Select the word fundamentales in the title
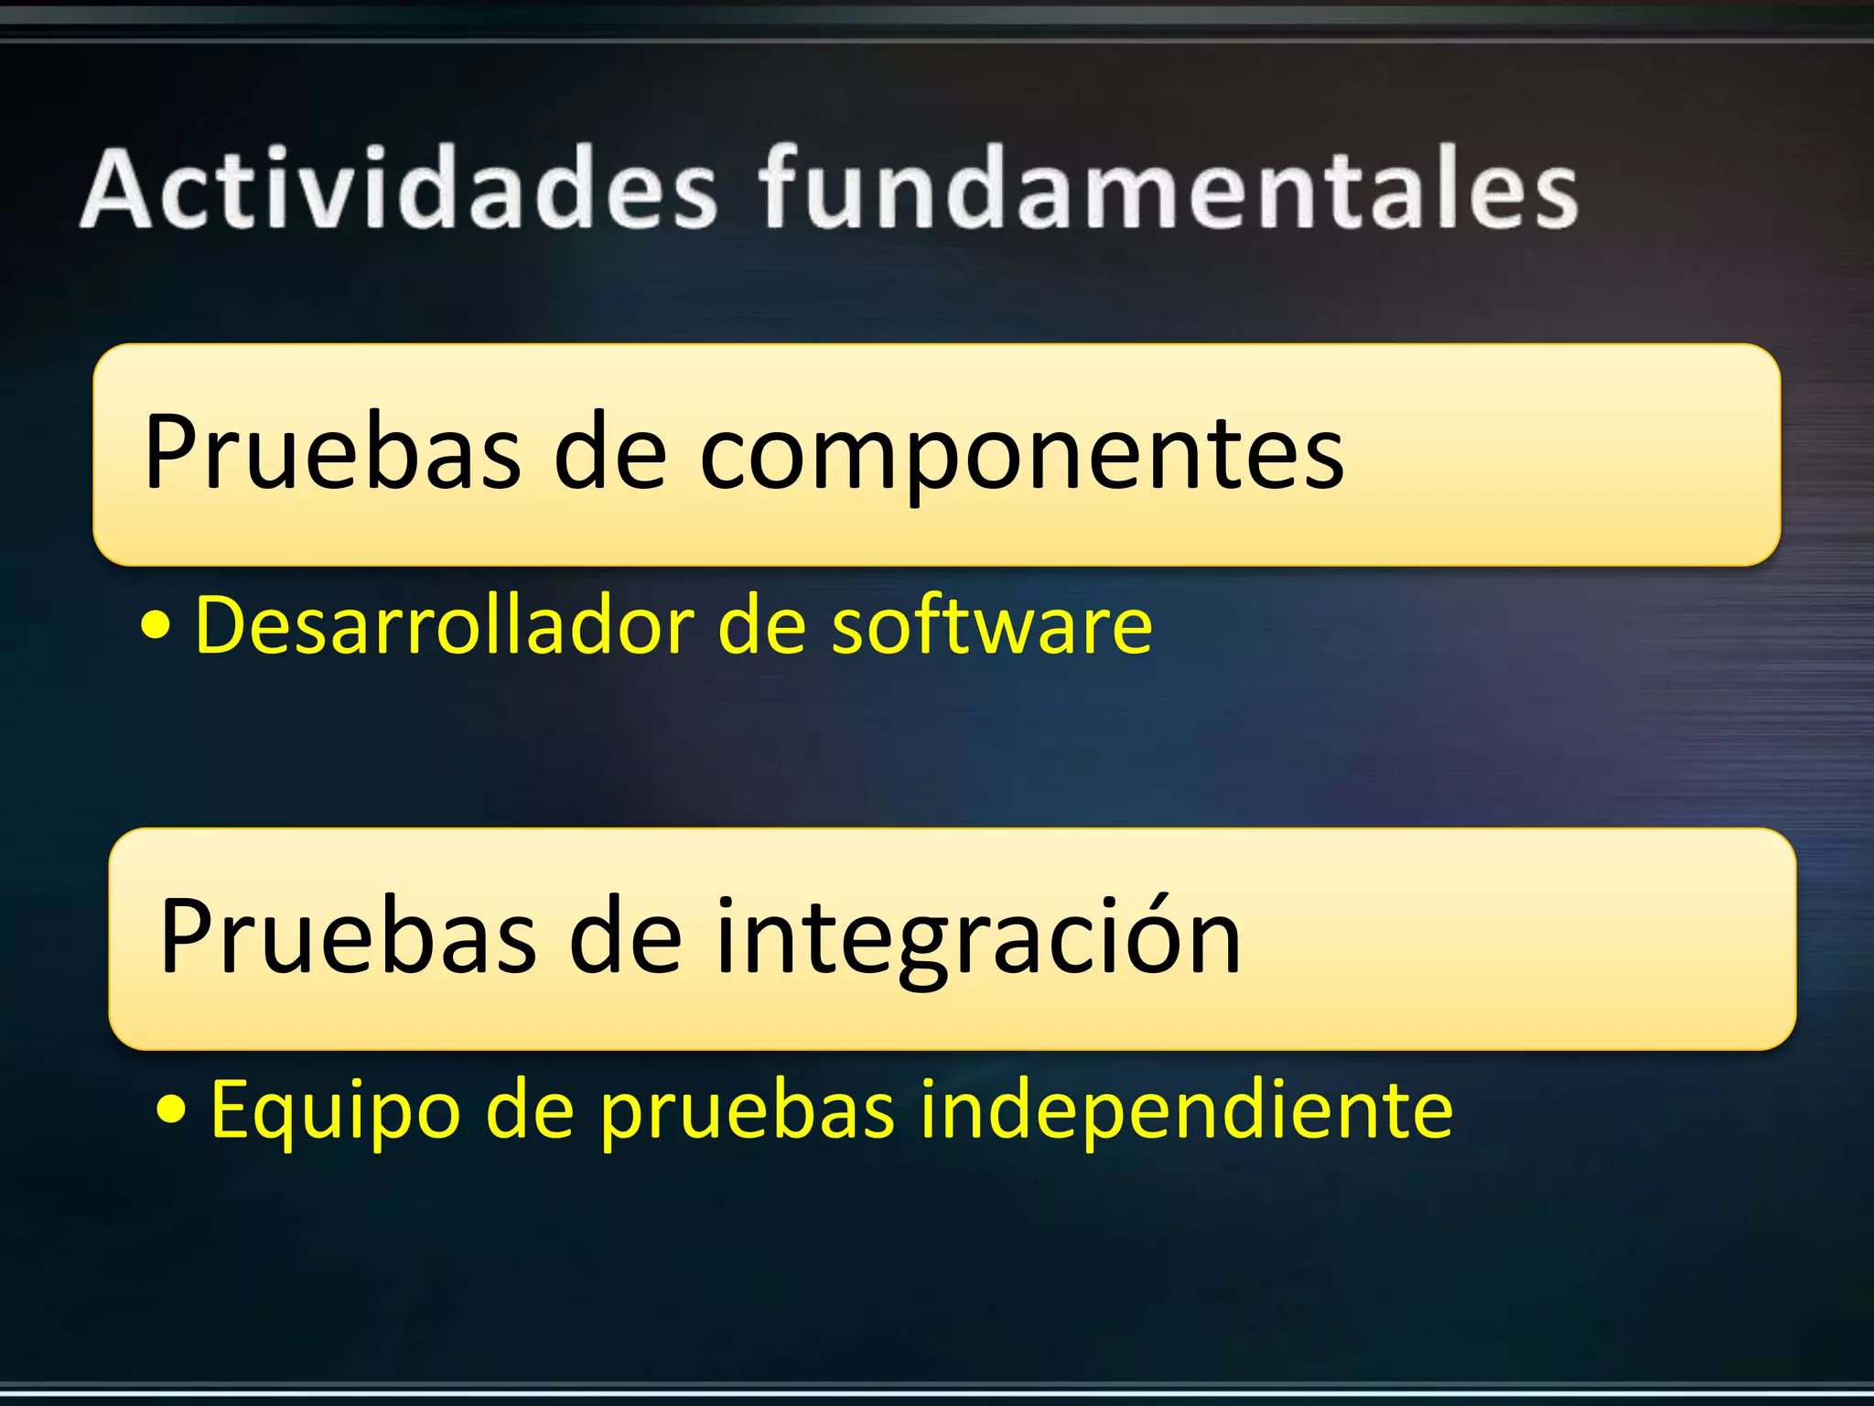[x=1169, y=189]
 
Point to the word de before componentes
[x=610, y=452]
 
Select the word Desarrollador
[x=445, y=626]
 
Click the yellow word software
[x=992, y=626]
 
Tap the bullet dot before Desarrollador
[x=156, y=627]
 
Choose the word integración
[x=976, y=937]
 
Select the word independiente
[x=1186, y=1109]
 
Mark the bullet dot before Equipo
[x=171, y=1110]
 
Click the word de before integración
[x=626, y=937]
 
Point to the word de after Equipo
[x=530, y=1109]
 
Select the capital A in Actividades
[x=117, y=189]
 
